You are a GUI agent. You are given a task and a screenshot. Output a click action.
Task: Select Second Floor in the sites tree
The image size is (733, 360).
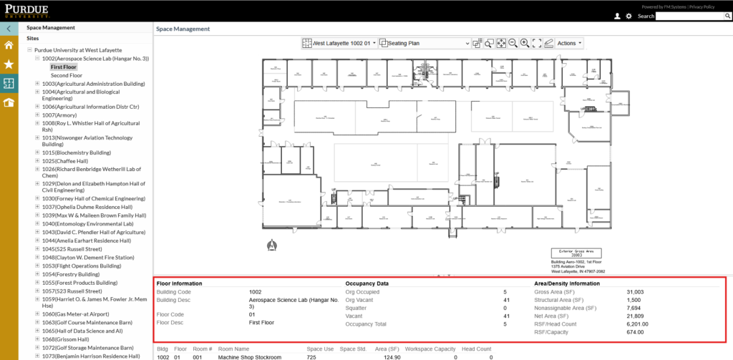point(66,75)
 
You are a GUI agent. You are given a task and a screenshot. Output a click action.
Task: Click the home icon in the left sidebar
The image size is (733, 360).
point(9,45)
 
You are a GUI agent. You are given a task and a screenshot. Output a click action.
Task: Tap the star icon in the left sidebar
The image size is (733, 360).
point(9,64)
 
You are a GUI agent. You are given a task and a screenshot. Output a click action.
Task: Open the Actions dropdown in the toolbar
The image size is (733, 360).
point(569,44)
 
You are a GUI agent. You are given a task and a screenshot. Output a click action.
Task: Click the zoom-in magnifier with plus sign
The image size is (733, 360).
point(525,44)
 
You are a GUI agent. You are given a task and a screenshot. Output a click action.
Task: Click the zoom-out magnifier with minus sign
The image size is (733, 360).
point(513,44)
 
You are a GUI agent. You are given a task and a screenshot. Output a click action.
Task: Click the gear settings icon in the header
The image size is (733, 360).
point(628,16)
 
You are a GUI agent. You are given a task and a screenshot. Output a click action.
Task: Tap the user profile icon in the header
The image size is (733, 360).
point(617,16)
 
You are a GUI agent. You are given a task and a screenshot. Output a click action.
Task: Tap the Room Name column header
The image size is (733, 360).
point(233,348)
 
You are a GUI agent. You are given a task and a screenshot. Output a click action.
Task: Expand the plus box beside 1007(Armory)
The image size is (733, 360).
point(37,115)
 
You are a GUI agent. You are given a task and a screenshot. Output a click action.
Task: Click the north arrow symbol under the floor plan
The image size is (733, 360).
point(271,243)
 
